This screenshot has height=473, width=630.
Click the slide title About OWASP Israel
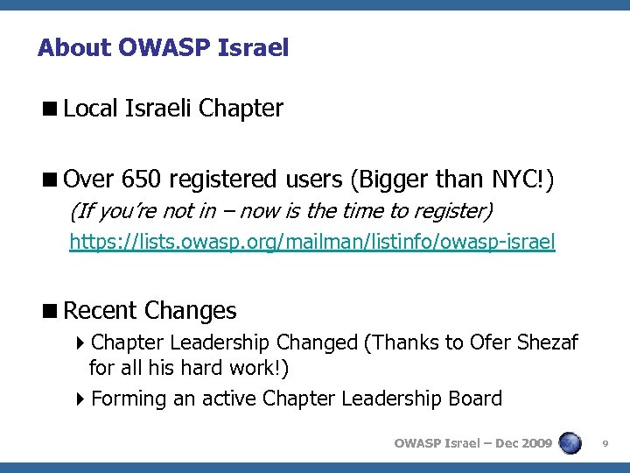coord(163,47)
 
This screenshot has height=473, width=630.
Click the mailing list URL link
coord(312,242)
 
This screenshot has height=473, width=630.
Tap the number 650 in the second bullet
coord(143,180)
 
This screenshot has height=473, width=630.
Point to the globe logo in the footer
coord(570,442)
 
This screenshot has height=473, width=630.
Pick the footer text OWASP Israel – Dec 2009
coord(472,443)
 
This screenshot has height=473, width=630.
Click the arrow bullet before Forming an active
coord(80,399)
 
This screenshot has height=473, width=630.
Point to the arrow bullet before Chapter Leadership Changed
coord(80,342)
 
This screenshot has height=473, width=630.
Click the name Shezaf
coord(547,342)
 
